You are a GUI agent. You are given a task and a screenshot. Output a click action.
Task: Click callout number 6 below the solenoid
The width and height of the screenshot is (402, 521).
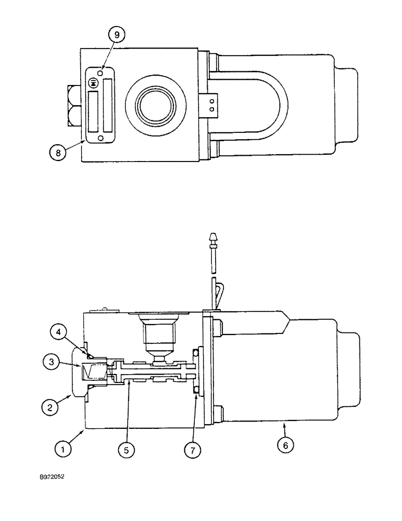click(288, 445)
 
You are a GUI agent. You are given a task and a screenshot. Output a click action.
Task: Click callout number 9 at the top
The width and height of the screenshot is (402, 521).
click(117, 35)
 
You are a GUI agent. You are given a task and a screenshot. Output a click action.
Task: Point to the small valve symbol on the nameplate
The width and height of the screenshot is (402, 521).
click(94, 82)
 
